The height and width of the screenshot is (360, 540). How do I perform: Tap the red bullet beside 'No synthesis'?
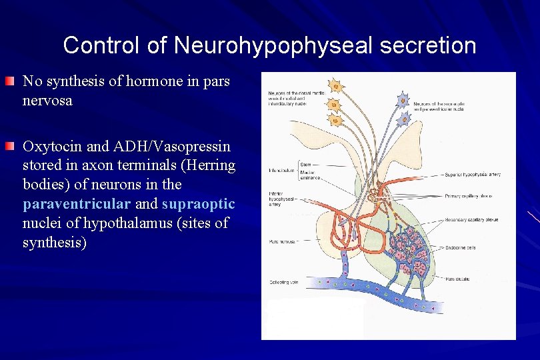pos(9,82)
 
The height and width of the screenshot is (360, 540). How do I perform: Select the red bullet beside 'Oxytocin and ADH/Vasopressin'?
pos(9,145)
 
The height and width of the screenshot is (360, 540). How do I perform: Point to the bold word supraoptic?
pos(198,203)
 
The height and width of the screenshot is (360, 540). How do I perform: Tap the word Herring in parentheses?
pos(209,165)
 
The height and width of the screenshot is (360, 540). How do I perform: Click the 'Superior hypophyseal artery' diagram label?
pos(474,175)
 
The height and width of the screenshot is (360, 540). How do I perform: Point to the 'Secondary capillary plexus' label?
pos(473,219)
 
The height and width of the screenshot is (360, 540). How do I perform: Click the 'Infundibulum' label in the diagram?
pos(280,170)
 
